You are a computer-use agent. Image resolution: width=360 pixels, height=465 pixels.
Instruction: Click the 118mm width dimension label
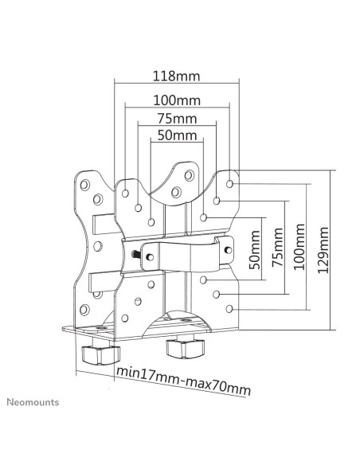pos(177,76)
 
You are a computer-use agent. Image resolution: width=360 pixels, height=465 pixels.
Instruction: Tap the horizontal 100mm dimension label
pos(177,100)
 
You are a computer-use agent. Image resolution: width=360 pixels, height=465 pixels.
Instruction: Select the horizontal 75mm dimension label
pos(177,119)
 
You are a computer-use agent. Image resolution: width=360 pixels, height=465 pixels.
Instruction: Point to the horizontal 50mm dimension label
pos(177,135)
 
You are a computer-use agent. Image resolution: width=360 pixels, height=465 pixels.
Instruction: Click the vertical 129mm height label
pos(323,250)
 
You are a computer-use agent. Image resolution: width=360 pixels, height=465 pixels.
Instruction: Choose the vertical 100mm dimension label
pos(299,247)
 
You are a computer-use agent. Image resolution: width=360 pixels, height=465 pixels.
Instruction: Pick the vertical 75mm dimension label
pos(277,248)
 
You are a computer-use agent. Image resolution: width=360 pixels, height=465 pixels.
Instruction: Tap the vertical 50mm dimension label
pos(255,250)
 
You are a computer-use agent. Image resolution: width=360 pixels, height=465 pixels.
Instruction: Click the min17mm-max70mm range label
pos(184,381)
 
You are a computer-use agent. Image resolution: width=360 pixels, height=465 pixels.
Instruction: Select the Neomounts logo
pos(33,402)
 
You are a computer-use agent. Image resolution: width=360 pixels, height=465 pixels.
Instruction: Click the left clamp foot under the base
pos(101,354)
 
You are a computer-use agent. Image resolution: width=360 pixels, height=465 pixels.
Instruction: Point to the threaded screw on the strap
pos(136,254)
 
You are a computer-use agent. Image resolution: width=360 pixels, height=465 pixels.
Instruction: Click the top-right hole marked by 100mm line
pos(229,184)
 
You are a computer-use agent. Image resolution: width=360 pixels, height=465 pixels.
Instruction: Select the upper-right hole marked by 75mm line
pos(217,201)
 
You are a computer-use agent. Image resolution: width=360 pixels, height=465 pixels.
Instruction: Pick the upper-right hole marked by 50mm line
pos(203,217)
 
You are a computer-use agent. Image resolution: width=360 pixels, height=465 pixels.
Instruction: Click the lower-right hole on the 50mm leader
pos(203,279)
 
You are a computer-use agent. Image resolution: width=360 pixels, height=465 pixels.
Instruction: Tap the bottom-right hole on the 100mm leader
pos(229,309)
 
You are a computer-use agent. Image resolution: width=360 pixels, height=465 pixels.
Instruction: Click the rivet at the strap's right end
pos(229,250)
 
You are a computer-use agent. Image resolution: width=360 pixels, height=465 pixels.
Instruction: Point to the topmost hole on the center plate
pos(190,175)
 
